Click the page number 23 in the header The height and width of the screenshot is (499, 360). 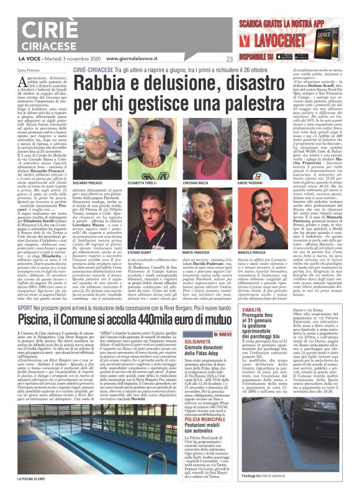[229, 60]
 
